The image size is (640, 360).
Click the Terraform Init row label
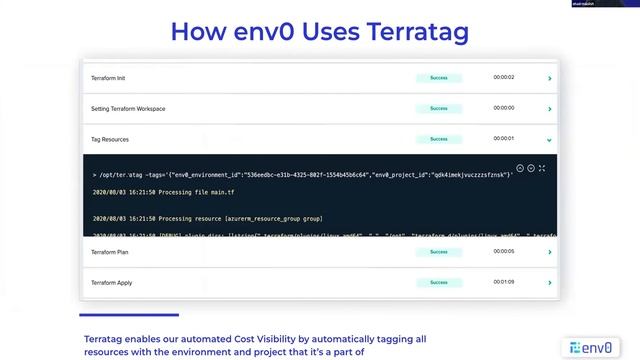pos(109,77)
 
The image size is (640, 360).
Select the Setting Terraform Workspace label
pos(128,108)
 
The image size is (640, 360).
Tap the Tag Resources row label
pos(110,139)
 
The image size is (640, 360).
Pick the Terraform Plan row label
pos(110,252)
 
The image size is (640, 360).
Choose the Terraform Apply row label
pos(112,283)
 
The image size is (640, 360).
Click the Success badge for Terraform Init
pos(439,77)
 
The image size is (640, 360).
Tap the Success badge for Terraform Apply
pos(439,283)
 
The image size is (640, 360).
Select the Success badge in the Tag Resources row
pos(439,139)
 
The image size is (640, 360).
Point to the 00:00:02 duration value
pos(504,77)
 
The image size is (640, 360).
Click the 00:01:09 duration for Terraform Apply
pos(504,283)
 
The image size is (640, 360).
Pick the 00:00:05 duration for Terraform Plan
pos(504,252)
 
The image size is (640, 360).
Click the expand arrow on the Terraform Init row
pos(550,77)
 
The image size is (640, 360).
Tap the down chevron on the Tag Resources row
pos(550,140)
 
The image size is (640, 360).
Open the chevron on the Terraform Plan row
pos(550,252)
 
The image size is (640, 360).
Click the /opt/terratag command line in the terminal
pos(300,174)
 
